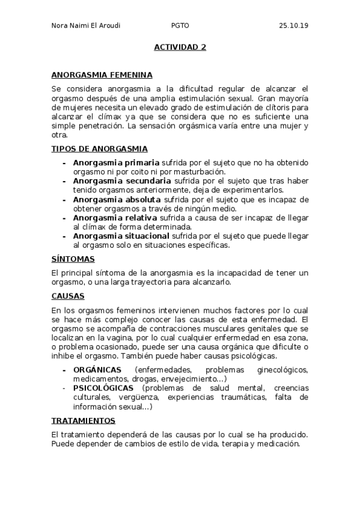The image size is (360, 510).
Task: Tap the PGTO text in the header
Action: [180, 26]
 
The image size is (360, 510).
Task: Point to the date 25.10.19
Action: [293, 26]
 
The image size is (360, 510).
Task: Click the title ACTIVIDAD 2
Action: [180, 47]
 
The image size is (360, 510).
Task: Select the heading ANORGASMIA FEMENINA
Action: [102, 75]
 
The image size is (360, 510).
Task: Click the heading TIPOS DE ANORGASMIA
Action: [100, 149]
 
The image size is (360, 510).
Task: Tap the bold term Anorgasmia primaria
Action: [116, 162]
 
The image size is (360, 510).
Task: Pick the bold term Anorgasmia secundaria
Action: [122, 180]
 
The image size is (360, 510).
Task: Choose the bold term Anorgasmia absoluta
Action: [117, 199]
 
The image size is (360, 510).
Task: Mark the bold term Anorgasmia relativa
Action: [115, 217]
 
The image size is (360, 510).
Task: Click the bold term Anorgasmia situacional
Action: [121, 236]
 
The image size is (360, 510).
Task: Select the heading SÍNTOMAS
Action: [73, 259]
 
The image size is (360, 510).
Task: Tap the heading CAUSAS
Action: [68, 296]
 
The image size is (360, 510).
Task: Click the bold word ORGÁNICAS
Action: [97, 369]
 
